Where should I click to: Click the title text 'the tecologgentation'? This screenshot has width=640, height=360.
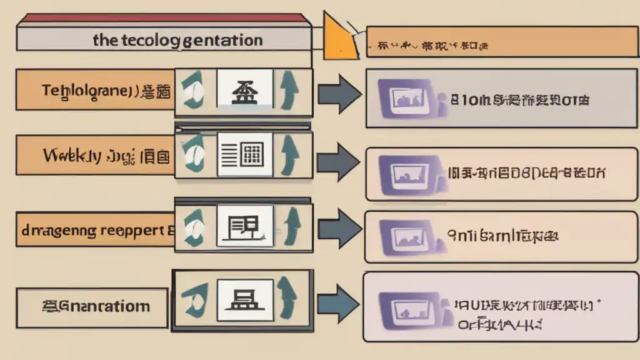point(177,41)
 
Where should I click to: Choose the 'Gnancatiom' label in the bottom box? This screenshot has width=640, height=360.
point(96,306)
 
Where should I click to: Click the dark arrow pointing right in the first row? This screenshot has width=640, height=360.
point(338,95)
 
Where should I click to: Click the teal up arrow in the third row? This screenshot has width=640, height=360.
point(290,225)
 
